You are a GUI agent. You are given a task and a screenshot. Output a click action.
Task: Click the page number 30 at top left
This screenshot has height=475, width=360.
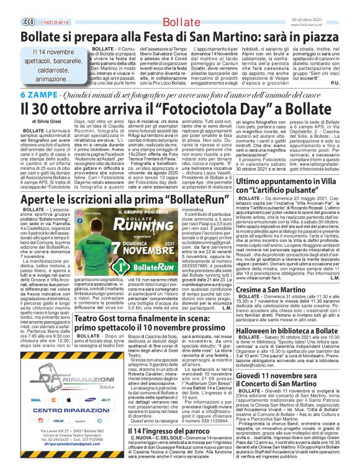click(x=11, y=6)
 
